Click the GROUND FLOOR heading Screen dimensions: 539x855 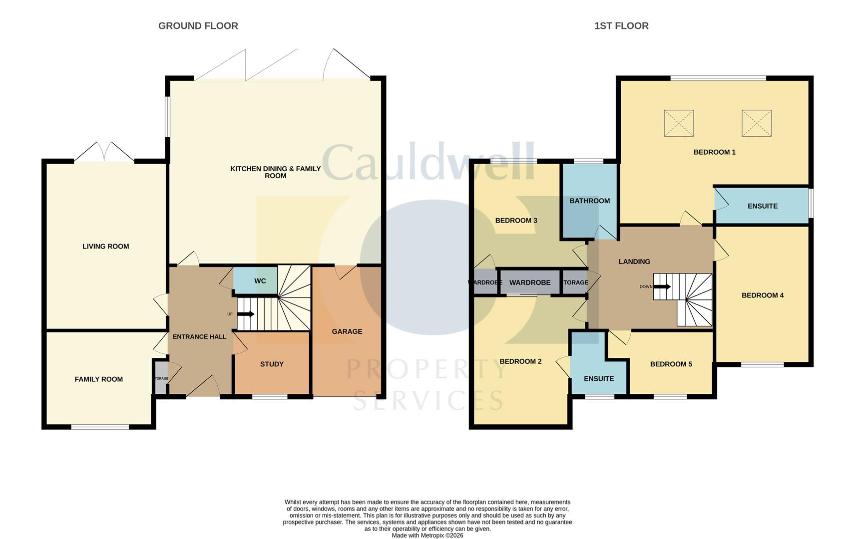pos(198,26)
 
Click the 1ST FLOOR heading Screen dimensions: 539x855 pos(621,26)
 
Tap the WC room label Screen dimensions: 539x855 pos(260,281)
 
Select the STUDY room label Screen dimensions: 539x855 pos(272,364)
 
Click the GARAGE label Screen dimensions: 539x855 pos(347,331)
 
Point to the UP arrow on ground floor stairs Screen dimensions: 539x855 pos(245,314)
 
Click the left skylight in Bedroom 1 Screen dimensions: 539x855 pos(678,123)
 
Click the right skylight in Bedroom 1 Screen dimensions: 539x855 pos(756,123)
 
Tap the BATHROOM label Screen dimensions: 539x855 pos(589,201)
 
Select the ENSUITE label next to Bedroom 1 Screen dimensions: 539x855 pos(762,206)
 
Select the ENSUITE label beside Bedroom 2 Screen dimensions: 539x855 pos(598,379)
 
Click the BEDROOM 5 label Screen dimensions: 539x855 pos(671,364)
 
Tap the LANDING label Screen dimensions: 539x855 pos(634,262)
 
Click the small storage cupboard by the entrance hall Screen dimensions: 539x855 pos(161,378)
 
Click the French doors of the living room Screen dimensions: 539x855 pos(104,152)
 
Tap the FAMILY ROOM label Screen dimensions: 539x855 pos(98,379)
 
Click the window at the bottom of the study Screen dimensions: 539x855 pos(270,397)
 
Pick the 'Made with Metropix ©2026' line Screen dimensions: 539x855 pos(427,536)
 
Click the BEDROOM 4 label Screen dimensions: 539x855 pos(762,295)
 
